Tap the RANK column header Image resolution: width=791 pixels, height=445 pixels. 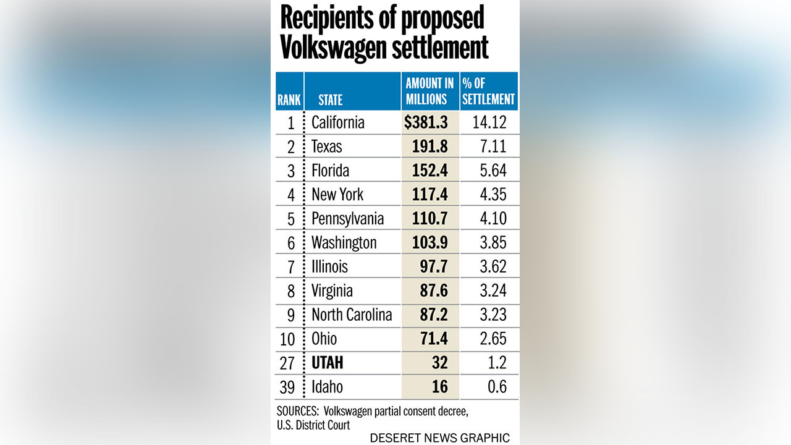289,100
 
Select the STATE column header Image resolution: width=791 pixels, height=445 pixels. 331,100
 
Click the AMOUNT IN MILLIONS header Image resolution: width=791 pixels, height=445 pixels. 429,91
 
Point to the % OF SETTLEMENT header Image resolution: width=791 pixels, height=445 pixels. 488,91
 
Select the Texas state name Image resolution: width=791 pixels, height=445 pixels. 327,146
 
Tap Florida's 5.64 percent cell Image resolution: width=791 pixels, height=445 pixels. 493,171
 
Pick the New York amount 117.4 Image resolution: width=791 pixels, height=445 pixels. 430,195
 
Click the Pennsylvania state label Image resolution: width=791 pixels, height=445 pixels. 347,219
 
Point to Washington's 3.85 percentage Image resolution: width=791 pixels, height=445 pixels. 493,243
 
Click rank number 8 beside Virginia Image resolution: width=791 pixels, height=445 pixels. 291,291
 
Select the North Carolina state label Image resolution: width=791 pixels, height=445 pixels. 352,315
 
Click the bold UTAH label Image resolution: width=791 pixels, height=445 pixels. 328,363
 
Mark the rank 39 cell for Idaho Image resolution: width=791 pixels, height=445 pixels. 288,387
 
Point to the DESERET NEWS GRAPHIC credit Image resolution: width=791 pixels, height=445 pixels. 439,438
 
